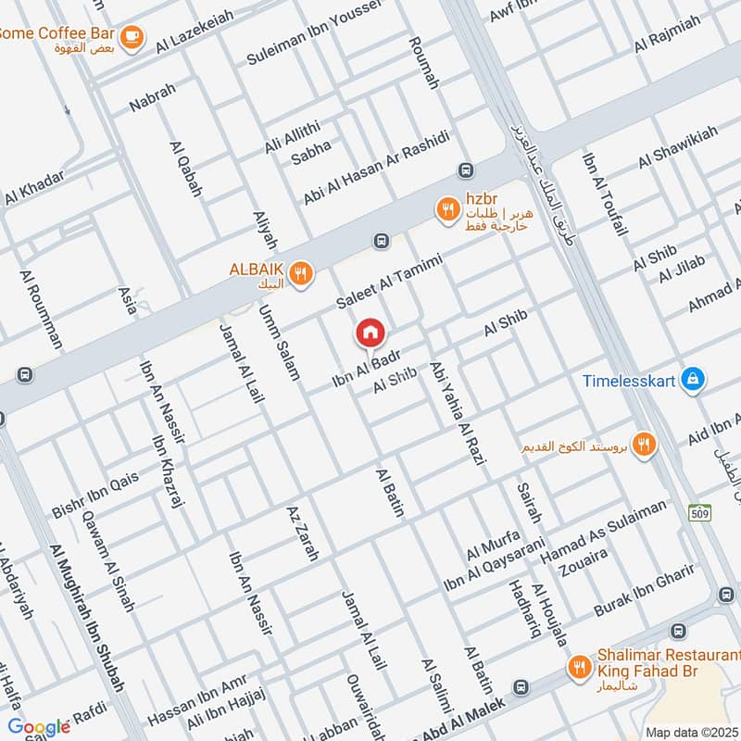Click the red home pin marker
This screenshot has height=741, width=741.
pos(370,333)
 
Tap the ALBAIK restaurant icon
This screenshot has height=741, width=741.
pos(299,273)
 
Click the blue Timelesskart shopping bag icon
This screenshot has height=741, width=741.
pos(691,379)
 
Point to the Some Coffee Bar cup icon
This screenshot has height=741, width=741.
pos(132,35)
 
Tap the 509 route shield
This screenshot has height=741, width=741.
pos(699,511)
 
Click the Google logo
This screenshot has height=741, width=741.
pos(38,727)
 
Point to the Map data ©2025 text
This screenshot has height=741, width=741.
pos(692,732)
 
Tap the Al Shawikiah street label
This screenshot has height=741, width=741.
pos(677,148)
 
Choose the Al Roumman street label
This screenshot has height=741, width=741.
pos(41,309)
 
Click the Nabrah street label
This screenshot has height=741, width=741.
pos(152,98)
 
